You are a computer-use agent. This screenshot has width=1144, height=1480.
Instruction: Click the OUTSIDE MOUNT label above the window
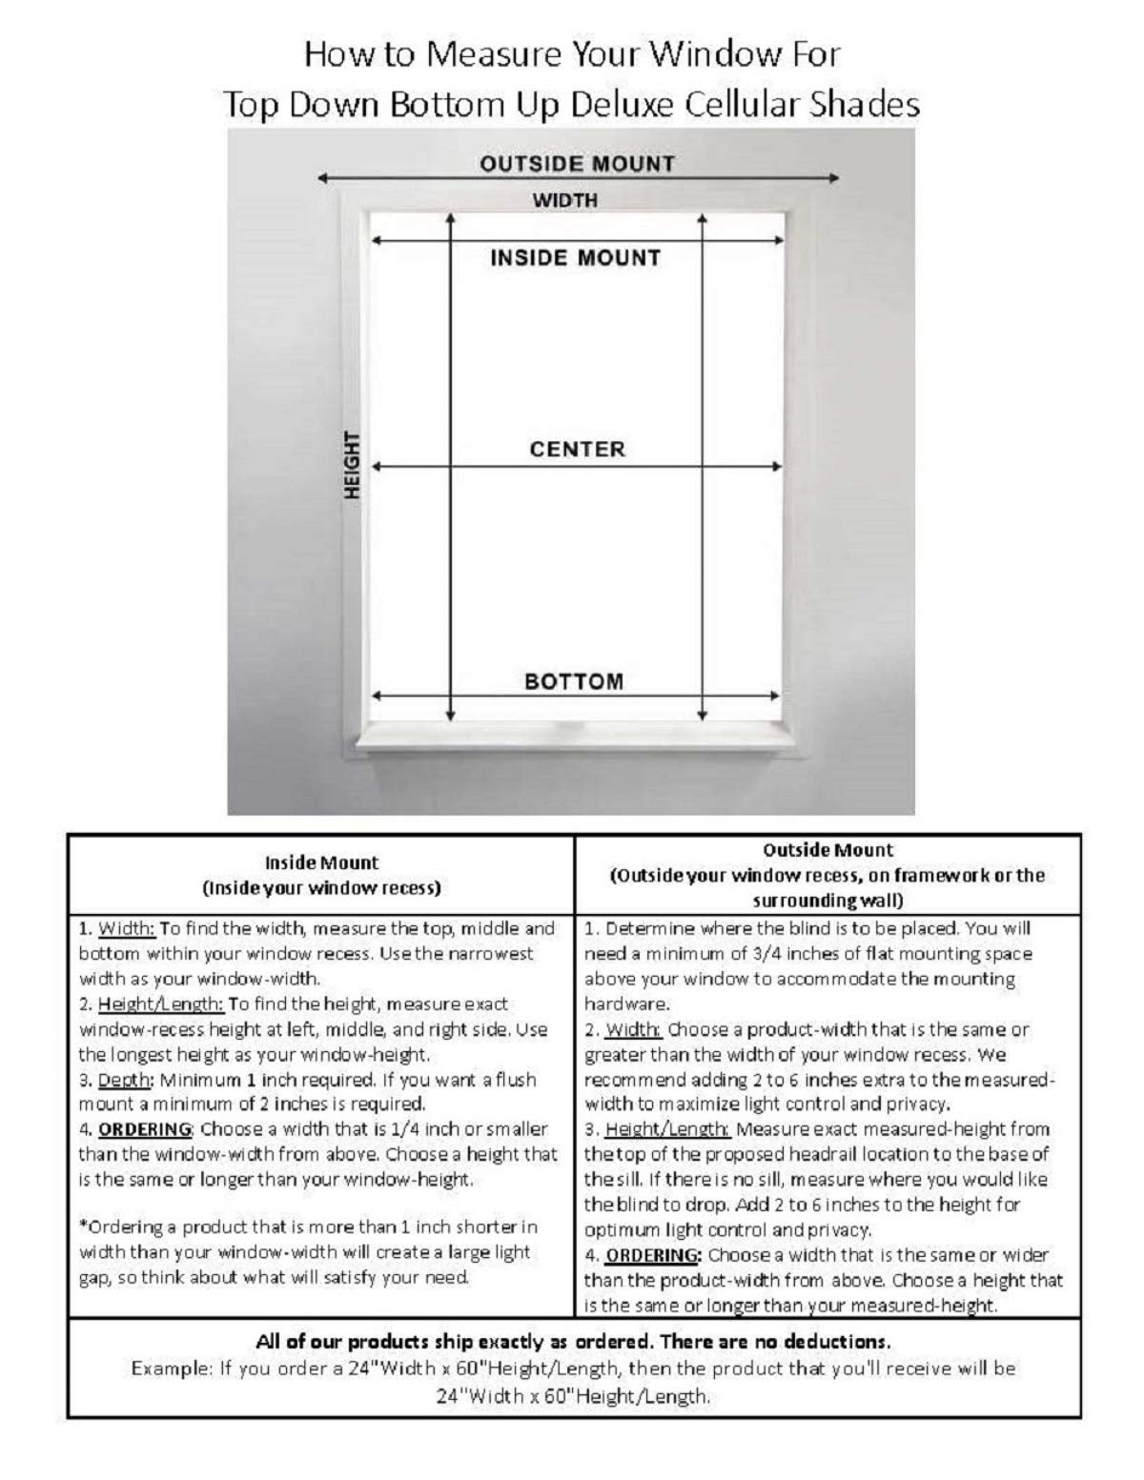coord(577,164)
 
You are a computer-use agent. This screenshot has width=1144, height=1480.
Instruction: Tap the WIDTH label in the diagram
coord(565,200)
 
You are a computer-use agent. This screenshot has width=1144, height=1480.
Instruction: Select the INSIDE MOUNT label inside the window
coord(575,257)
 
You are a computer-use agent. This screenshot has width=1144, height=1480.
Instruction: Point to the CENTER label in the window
coord(578,449)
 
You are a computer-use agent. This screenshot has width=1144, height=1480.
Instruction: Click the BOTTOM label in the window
coord(574,681)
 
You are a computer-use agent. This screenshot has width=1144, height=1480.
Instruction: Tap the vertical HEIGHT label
coord(352,464)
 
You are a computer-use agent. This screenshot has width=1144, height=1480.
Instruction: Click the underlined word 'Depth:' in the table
coord(124,1080)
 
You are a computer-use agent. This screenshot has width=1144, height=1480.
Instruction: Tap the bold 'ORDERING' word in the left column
coord(145,1129)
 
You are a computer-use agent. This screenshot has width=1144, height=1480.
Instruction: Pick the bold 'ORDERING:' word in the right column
coord(653,1255)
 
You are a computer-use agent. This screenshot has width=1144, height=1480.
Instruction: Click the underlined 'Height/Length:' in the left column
coord(160,1004)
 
